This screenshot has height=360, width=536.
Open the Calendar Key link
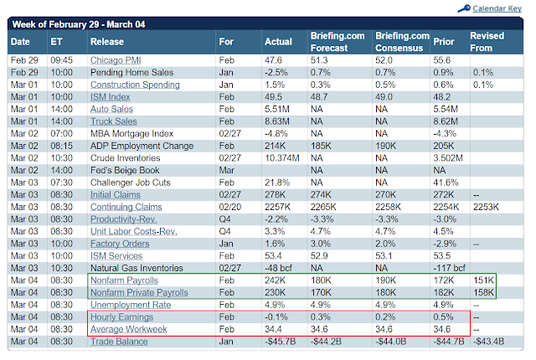497,8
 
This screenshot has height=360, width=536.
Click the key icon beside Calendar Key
464,8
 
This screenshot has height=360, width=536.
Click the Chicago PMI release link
116,60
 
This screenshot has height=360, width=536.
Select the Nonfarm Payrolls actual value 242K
276,280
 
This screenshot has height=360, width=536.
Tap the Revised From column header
487,42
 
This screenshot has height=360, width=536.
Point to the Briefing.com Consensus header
402,42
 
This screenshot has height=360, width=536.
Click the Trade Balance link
119,342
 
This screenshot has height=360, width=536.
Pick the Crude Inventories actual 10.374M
282,158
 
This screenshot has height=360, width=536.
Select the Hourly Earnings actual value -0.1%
276,317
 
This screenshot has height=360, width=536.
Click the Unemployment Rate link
131,305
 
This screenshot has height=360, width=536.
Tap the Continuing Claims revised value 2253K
486,207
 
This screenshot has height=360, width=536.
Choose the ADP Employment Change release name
142,146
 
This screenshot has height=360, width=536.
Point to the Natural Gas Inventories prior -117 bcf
449,268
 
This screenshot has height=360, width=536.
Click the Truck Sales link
114,121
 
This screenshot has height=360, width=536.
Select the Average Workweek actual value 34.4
273,329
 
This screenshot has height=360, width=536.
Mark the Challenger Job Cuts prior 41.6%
446,183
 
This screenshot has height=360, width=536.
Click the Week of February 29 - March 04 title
79,24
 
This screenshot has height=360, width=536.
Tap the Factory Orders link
120,244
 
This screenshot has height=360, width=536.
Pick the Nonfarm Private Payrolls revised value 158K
484,293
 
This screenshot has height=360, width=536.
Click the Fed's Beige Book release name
125,171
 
